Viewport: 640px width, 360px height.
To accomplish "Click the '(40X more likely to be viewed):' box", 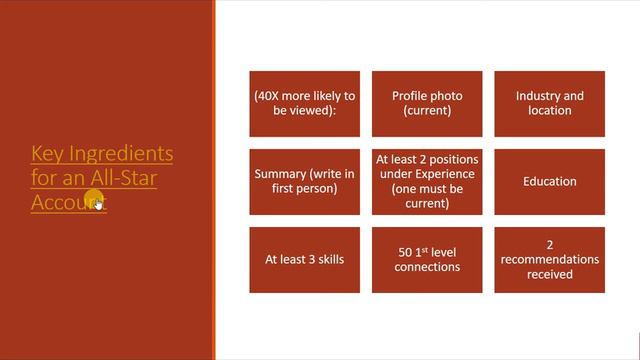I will [x=305, y=103].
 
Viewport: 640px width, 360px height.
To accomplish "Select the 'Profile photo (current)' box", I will [x=427, y=103].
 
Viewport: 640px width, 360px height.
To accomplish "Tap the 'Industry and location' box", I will [x=549, y=103].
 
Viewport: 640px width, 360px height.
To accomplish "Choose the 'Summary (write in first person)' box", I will [x=305, y=181].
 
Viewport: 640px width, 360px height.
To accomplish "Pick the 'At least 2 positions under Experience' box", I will [x=427, y=181].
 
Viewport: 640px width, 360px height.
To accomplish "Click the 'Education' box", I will [x=549, y=181].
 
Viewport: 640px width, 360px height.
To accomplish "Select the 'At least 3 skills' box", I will [x=305, y=259].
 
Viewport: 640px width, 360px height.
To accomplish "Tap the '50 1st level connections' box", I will [x=427, y=259].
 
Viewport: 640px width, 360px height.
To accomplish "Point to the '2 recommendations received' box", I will [x=549, y=259].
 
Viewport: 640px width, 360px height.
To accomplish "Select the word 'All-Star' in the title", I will [x=124, y=178].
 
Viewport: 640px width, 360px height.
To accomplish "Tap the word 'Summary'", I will [x=280, y=174].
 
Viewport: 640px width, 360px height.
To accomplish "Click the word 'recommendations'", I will [x=550, y=259].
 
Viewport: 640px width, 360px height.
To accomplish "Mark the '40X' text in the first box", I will [x=270, y=96].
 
